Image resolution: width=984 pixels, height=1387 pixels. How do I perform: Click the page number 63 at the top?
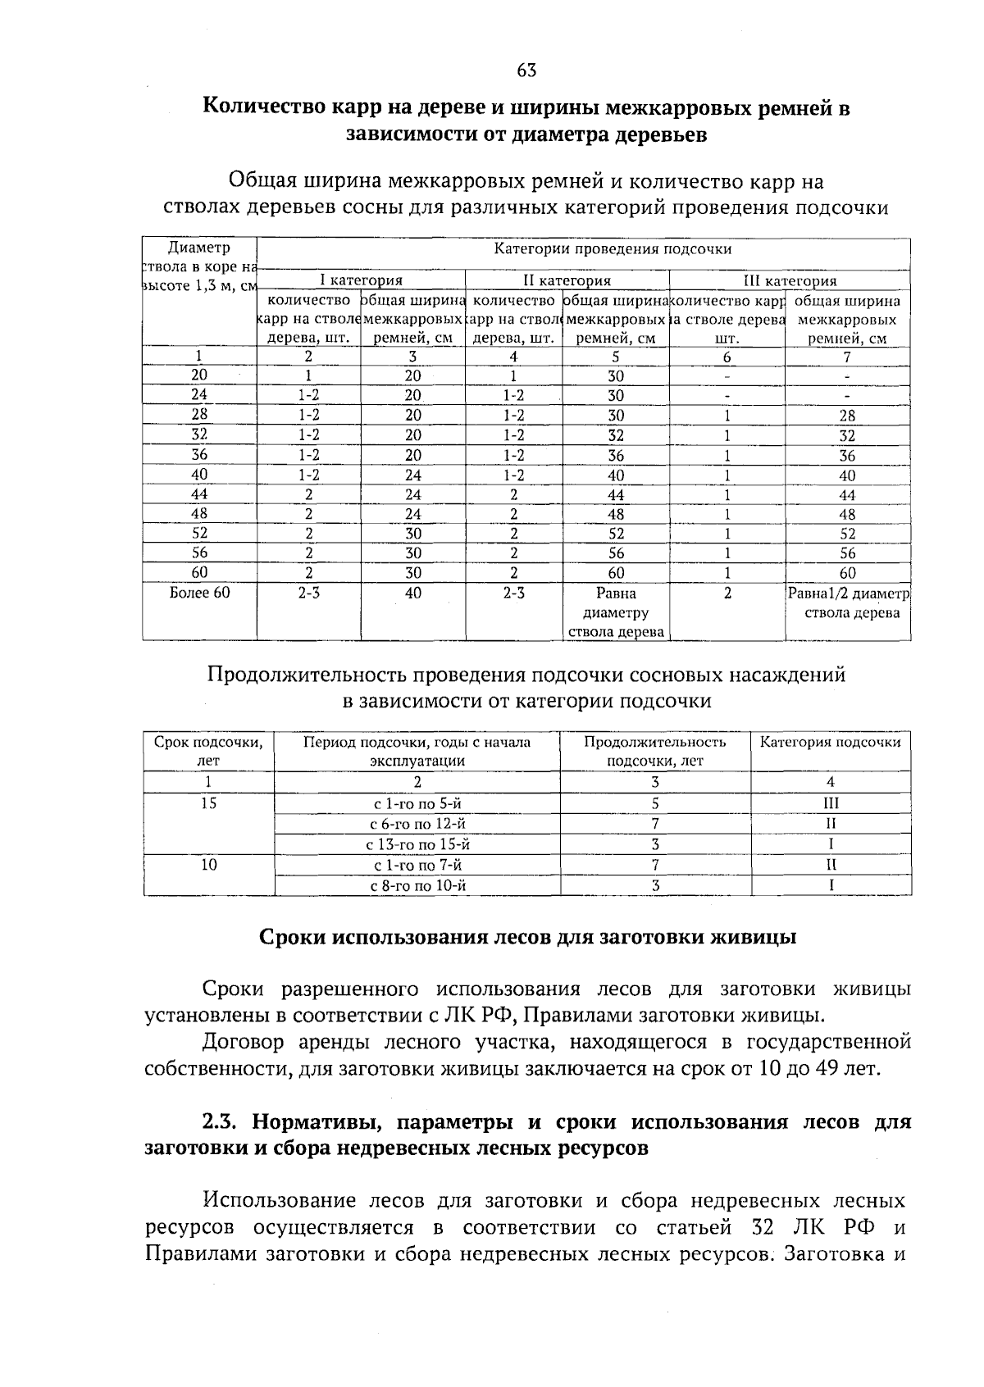click(x=526, y=70)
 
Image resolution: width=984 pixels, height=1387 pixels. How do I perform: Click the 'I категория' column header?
click(x=361, y=280)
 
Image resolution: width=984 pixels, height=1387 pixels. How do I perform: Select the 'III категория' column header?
click(x=789, y=280)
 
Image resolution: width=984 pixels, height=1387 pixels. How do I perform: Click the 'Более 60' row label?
click(x=199, y=593)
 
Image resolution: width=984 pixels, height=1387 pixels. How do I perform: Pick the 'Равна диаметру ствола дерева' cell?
click(x=615, y=612)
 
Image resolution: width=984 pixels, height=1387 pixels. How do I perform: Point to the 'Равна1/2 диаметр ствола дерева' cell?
click(x=848, y=603)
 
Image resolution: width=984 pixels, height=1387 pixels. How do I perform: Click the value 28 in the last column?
click(x=847, y=416)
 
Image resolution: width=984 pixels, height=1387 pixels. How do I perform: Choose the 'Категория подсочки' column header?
click(x=830, y=743)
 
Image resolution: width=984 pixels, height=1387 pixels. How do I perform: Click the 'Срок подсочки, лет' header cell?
click(x=209, y=751)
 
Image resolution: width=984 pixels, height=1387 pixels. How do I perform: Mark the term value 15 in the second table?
click(x=209, y=804)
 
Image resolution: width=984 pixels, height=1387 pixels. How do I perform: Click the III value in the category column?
click(x=831, y=804)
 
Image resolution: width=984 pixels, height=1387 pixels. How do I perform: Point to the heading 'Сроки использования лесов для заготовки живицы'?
click(x=527, y=937)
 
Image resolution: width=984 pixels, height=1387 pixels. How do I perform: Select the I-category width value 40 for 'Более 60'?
click(x=412, y=593)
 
